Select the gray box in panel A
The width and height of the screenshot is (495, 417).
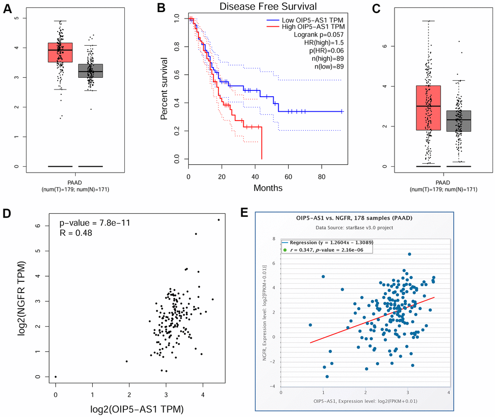tap(90, 74)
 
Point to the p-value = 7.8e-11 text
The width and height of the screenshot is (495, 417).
tap(95, 223)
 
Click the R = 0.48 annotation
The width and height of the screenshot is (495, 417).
tap(76, 233)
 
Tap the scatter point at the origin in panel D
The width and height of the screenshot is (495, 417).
tap(56, 377)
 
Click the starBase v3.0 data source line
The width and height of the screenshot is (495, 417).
tap(354, 227)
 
